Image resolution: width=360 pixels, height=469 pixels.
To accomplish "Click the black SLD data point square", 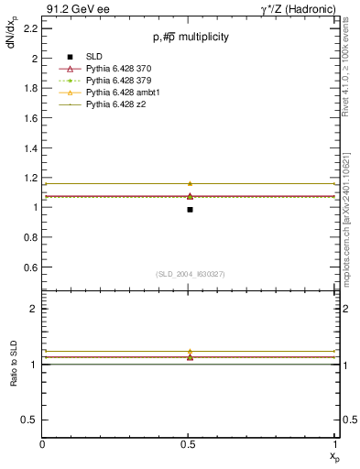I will pos(190,210).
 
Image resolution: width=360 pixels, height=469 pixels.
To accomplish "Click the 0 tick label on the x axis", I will pos(43,444).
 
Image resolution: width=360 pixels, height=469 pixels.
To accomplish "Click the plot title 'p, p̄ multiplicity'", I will pos(191,38).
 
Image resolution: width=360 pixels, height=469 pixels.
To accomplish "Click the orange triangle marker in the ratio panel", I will pos(190,351).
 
